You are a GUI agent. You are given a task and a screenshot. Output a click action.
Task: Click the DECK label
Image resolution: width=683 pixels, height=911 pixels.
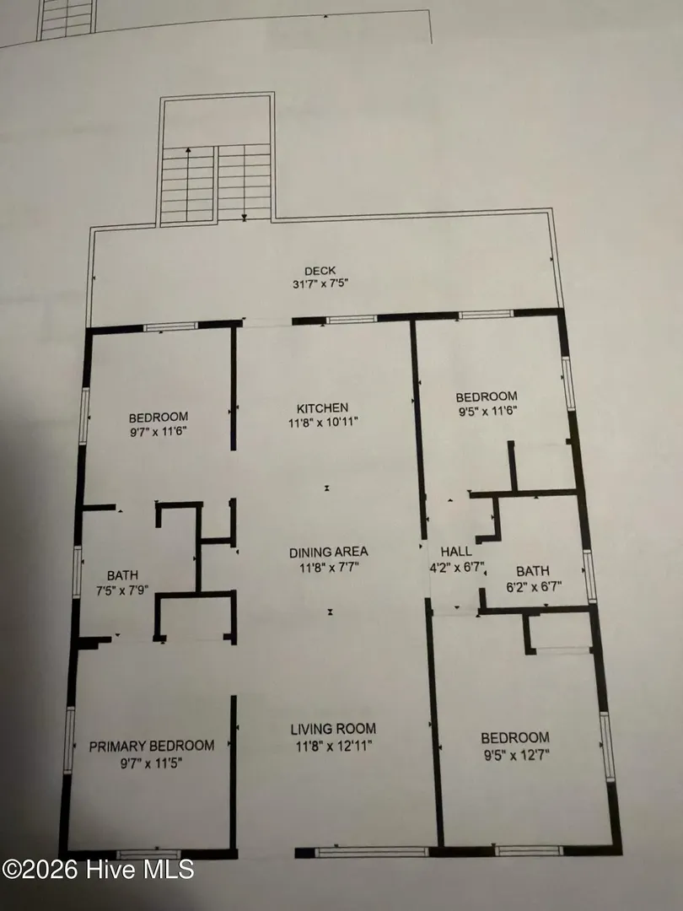click(320, 271)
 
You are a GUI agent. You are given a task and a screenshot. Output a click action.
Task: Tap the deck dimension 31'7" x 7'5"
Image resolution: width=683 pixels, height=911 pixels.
click(320, 284)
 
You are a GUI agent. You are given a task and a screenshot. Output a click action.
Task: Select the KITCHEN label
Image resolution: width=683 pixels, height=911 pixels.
click(322, 408)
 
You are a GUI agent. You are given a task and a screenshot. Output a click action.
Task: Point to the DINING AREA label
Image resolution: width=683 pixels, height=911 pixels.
click(329, 553)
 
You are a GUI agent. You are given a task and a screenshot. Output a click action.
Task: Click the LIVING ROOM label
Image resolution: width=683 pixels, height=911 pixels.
click(333, 729)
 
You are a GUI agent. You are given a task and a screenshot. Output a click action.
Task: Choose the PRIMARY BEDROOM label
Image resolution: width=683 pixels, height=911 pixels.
click(152, 746)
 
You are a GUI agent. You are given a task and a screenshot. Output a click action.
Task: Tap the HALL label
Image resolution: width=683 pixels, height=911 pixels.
click(456, 552)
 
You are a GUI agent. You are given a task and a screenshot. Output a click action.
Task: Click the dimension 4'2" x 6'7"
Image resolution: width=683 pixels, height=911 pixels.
click(456, 567)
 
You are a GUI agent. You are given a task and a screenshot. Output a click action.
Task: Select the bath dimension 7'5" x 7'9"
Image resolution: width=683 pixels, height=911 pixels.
click(122, 590)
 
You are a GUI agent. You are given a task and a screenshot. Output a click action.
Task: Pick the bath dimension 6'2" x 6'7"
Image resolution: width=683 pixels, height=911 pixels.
click(534, 587)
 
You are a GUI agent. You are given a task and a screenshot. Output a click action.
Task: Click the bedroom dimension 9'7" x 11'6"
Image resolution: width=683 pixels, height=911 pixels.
click(158, 432)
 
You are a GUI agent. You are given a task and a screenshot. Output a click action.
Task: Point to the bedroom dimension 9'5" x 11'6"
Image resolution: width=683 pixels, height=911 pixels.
click(487, 412)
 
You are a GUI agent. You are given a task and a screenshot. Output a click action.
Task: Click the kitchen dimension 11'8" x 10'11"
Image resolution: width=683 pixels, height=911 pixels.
click(323, 423)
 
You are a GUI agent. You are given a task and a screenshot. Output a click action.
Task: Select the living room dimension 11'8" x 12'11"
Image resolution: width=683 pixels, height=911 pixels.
click(334, 746)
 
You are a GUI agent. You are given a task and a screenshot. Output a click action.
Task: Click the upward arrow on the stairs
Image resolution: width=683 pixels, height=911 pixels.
click(188, 185)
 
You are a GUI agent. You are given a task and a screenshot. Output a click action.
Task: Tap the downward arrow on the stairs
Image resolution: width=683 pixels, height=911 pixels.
click(245, 184)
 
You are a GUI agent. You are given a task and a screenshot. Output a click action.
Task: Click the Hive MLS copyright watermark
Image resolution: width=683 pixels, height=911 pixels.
click(98, 869)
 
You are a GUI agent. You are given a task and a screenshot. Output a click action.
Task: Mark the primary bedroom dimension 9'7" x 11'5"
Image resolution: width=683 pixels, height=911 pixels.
click(151, 763)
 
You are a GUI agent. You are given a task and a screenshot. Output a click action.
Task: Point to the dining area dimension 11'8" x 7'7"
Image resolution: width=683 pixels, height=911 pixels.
click(330, 568)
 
